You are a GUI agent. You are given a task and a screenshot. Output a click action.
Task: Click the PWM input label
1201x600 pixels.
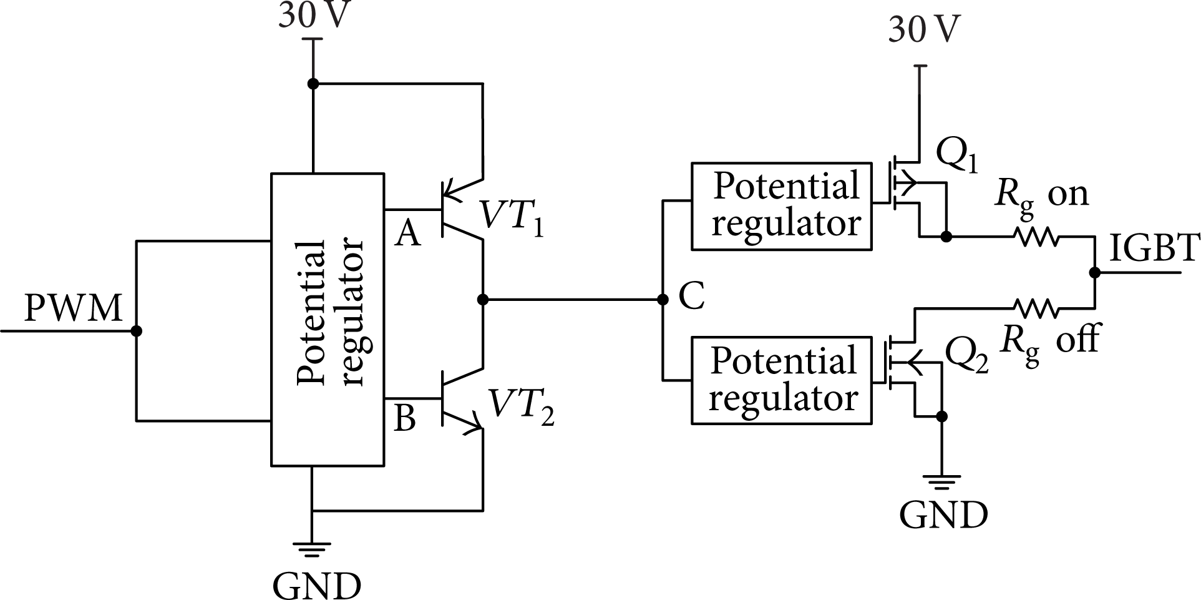[x=73, y=308]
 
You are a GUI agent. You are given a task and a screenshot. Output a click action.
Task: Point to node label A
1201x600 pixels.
[x=408, y=234]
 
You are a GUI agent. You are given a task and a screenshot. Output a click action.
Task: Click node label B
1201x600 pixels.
[x=405, y=418]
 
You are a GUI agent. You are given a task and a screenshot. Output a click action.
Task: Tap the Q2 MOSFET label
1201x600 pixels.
[x=966, y=357]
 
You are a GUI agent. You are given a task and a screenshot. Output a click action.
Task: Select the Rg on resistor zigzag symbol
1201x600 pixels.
[x=1035, y=237]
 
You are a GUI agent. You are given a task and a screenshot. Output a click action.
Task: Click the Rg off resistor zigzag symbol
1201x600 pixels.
[x=1035, y=308]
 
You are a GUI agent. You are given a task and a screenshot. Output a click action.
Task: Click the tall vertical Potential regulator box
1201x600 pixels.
[x=327, y=319]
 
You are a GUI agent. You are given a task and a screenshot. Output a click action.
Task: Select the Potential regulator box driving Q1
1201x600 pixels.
[x=782, y=207]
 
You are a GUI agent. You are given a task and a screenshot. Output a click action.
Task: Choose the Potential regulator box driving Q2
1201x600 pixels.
[x=782, y=381]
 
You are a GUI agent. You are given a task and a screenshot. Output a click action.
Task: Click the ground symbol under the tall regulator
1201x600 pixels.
[x=313, y=549]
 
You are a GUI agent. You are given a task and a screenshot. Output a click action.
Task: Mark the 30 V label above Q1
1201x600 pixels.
[x=925, y=29]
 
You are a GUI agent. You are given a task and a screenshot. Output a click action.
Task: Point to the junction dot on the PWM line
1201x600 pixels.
[x=137, y=330]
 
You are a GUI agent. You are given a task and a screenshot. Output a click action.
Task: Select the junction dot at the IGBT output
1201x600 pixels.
[x=1094, y=273]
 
